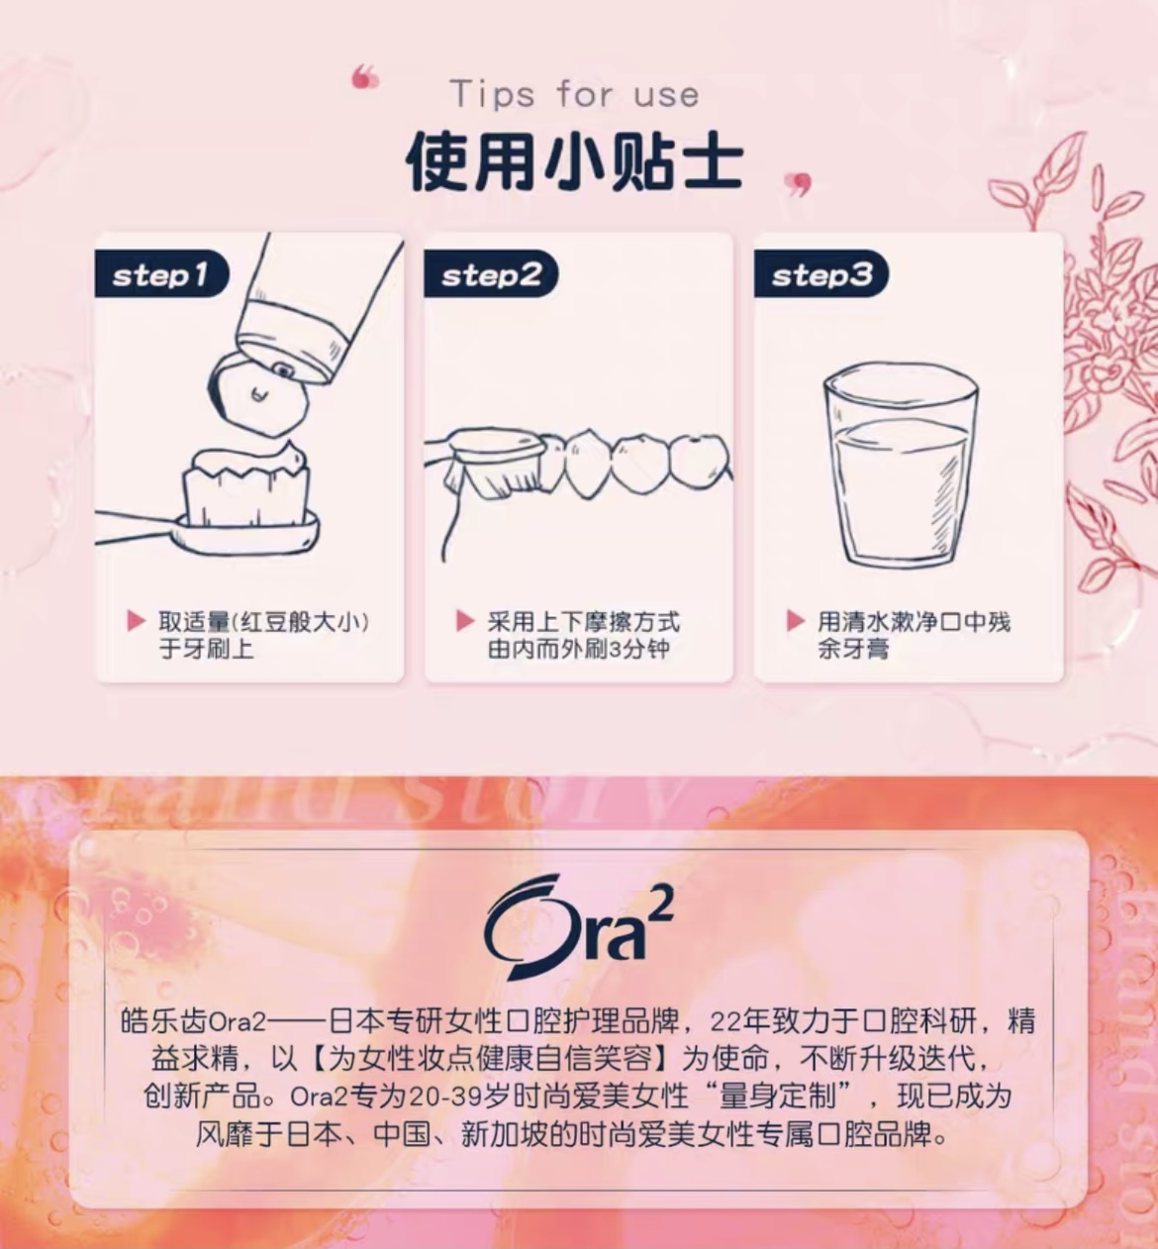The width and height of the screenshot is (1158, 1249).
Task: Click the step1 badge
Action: (x=161, y=273)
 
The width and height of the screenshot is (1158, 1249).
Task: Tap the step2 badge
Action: (x=491, y=273)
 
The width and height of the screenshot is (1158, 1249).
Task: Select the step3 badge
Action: (x=821, y=273)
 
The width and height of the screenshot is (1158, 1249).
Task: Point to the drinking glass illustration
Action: (x=901, y=466)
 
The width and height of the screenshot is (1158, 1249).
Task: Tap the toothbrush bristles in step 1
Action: (x=246, y=483)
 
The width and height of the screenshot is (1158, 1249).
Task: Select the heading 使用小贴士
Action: (x=575, y=161)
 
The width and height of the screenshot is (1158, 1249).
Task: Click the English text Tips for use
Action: (x=575, y=95)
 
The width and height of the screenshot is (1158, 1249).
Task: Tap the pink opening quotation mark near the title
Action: (x=365, y=77)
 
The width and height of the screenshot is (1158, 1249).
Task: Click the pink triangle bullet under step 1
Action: (x=136, y=621)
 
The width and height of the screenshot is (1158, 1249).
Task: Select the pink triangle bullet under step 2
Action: (x=465, y=621)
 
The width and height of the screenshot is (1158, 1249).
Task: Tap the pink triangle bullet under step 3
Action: (x=796, y=621)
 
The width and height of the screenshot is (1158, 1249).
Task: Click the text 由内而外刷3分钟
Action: (x=578, y=649)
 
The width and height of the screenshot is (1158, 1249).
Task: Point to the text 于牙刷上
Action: (x=206, y=649)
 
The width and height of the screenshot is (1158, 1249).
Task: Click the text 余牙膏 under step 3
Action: (x=853, y=649)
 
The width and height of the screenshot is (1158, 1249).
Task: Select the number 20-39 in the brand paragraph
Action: (x=445, y=1097)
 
